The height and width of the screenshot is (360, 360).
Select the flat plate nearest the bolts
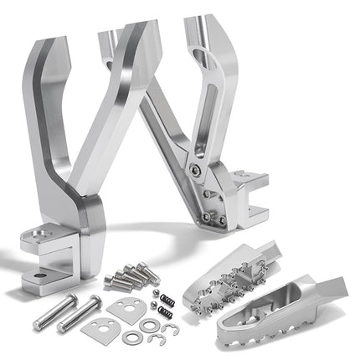(125, 307)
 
